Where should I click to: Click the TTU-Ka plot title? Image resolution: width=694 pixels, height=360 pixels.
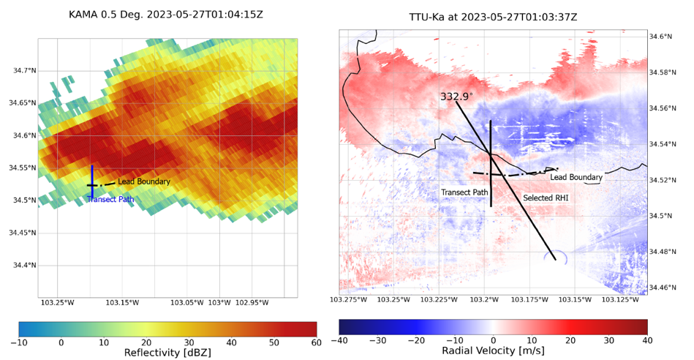(x=493, y=16)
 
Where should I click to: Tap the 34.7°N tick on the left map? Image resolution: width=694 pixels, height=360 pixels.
(x=24, y=70)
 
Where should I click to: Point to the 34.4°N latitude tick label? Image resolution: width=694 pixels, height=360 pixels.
(x=24, y=265)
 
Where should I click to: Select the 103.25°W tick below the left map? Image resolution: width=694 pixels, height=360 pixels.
(x=58, y=302)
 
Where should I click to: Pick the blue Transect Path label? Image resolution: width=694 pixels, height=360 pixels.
(x=110, y=199)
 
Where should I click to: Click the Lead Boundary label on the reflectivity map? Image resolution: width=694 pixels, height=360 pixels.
(x=144, y=181)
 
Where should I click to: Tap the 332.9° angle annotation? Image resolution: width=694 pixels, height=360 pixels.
(x=456, y=97)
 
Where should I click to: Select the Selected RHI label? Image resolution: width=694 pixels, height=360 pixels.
(x=546, y=198)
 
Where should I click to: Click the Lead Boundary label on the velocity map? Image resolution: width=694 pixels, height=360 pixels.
(x=576, y=177)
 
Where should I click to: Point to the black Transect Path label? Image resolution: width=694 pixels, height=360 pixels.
(x=464, y=192)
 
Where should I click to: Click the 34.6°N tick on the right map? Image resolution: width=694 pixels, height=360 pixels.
(x=664, y=36)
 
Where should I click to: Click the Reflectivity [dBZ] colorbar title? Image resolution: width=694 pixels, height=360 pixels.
(x=167, y=353)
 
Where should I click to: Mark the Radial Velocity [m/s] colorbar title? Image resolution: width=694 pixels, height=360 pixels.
(x=493, y=351)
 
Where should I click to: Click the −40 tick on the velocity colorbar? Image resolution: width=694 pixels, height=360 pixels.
(x=340, y=340)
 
